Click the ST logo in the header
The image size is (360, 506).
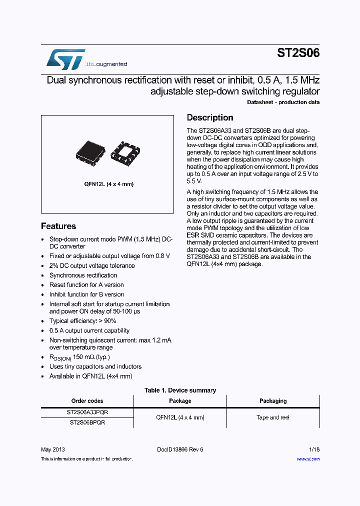tap(65, 59)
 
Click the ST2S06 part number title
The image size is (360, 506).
tap(298, 53)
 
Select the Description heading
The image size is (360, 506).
tap(210, 117)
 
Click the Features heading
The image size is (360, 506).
tap(58, 226)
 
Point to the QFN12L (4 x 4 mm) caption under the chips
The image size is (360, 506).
tap(108, 184)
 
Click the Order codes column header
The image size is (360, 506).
tap(87, 401)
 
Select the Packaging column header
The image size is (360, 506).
tap(273, 401)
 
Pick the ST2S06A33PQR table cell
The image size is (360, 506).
tap(87, 412)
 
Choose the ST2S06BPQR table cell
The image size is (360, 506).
tap(87, 422)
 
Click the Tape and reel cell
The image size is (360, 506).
tap(273, 417)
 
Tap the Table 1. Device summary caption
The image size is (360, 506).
tap(180, 390)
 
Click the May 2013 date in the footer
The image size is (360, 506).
tap(52, 449)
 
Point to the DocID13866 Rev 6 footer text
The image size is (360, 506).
tap(180, 449)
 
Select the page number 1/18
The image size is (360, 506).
tap(314, 449)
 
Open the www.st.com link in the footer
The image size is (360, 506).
tap(308, 458)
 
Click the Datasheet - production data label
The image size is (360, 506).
tap(283, 102)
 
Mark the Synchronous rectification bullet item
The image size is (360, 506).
tap(83, 275)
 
